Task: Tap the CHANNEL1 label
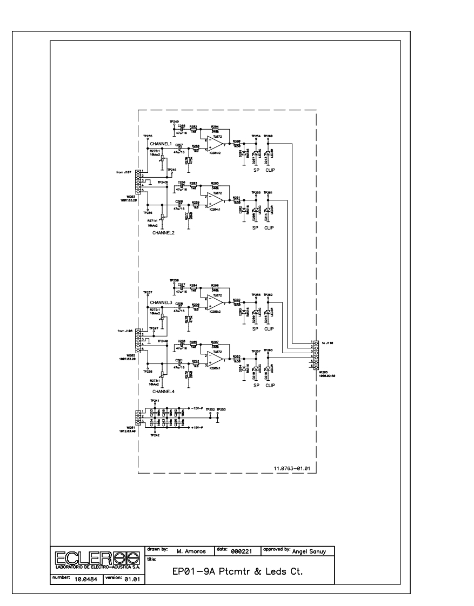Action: click(x=161, y=144)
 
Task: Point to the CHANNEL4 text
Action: click(x=163, y=391)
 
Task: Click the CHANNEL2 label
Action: click(x=163, y=233)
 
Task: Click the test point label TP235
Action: click(x=148, y=136)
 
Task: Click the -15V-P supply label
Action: click(x=196, y=409)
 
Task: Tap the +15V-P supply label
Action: click(x=196, y=427)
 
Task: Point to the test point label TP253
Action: click(x=221, y=410)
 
